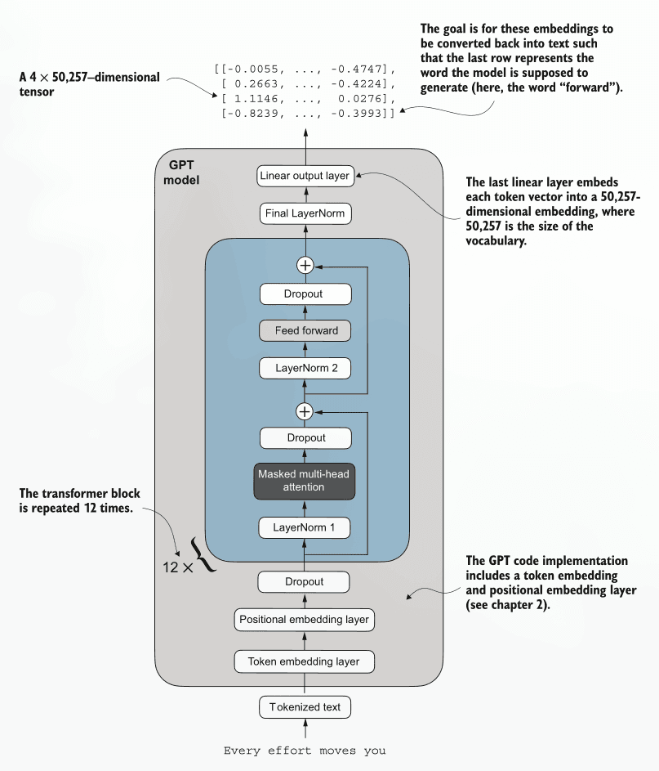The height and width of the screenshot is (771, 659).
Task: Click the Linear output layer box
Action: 305,176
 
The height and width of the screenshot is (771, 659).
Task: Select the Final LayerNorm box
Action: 305,214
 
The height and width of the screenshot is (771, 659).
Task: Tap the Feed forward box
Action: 305,330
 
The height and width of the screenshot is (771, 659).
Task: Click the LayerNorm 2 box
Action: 305,368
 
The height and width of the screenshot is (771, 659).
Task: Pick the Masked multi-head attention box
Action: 305,480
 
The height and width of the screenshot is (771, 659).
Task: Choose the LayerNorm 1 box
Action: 305,527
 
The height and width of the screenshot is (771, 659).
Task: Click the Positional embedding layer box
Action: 305,620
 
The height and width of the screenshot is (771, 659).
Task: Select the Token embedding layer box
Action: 305,660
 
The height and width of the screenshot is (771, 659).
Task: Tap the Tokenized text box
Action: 305,706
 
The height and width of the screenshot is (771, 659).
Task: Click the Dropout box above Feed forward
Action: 305,294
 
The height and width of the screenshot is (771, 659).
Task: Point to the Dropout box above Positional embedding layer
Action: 305,581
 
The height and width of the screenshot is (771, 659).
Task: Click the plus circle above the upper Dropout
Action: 305,265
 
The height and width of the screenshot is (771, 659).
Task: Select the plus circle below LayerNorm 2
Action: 305,410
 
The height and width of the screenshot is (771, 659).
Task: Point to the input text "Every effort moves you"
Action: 305,750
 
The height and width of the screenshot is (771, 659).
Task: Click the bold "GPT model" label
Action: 181,171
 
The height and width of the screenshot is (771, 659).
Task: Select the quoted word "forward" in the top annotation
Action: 590,87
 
